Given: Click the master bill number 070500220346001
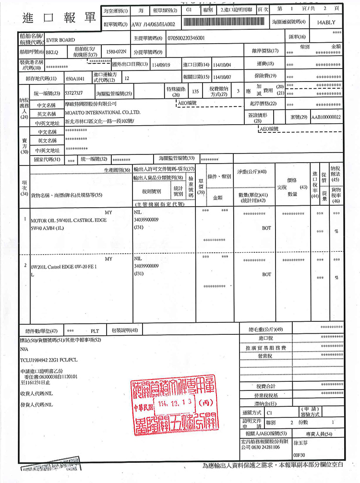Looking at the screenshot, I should [x=187, y=37].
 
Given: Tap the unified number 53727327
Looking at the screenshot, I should [x=73, y=92].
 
